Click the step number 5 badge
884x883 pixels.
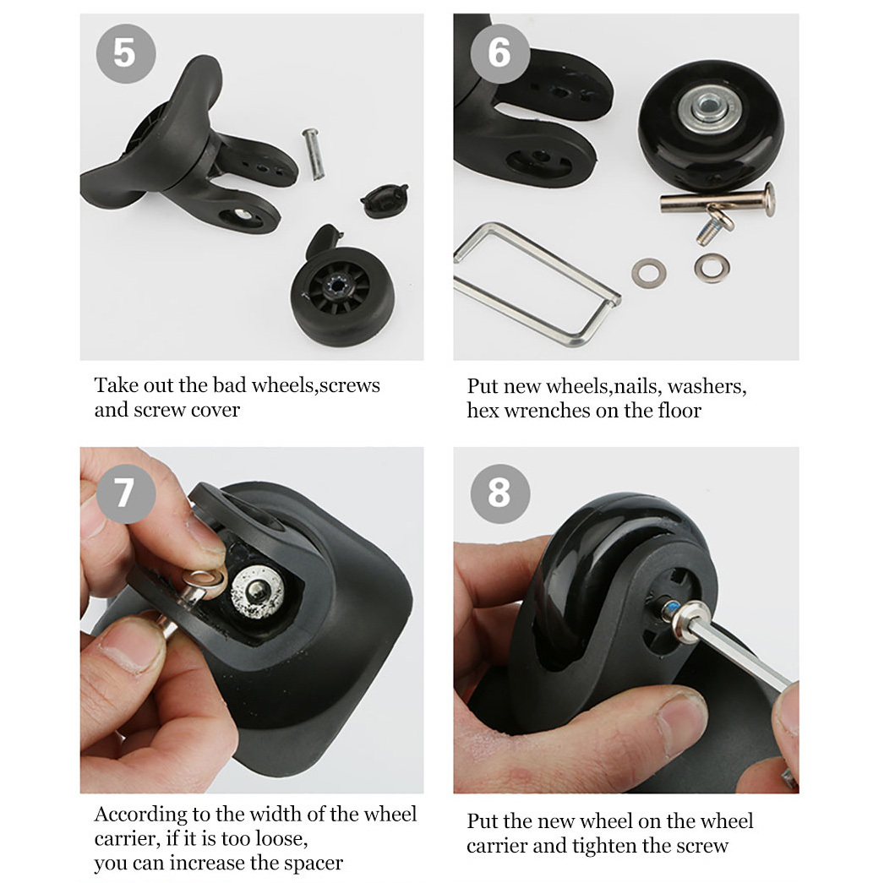126,53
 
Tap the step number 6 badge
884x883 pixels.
499,53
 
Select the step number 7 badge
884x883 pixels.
126,493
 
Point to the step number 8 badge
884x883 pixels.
500,493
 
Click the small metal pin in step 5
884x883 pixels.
314,154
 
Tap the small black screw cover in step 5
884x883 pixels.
384,200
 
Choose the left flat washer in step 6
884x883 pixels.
649,273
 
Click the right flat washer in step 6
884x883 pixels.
712,267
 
